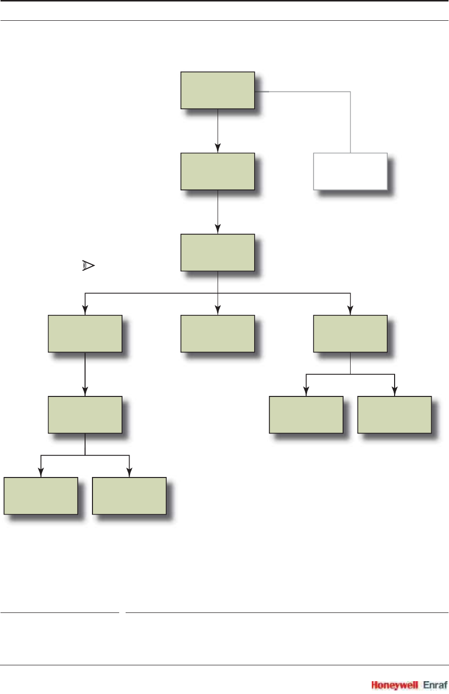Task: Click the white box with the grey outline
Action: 350,172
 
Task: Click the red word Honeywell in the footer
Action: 395,685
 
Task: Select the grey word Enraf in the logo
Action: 435,685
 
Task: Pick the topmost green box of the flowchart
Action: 218,90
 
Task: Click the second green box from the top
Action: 218,172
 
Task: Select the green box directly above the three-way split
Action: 218,253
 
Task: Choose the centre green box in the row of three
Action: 218,334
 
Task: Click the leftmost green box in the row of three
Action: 85,334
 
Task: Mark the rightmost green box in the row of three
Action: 350,334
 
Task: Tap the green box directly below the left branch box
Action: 85,415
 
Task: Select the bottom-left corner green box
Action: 41,496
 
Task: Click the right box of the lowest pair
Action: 129,496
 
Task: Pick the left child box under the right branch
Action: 306,415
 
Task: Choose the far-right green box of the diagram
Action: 394,415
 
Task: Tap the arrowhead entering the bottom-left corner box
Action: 41,473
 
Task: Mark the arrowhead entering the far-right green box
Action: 394,392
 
